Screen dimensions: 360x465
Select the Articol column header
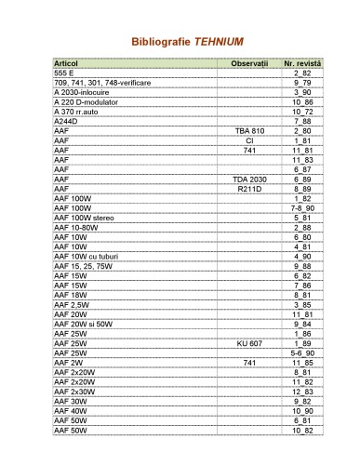(x=66, y=62)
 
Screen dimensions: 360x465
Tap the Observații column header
(x=249, y=62)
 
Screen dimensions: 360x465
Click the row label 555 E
(x=64, y=72)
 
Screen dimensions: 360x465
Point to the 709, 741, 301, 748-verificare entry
(x=103, y=83)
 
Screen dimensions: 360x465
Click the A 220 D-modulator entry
(x=87, y=102)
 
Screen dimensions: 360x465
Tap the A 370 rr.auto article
(x=82, y=112)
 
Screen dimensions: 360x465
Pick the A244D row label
(x=66, y=122)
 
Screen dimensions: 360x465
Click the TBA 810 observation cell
(x=249, y=131)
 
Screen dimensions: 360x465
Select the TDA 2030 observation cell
(x=249, y=179)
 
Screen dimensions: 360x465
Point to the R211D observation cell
(x=249, y=189)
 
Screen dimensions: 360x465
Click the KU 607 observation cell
(x=249, y=342)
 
